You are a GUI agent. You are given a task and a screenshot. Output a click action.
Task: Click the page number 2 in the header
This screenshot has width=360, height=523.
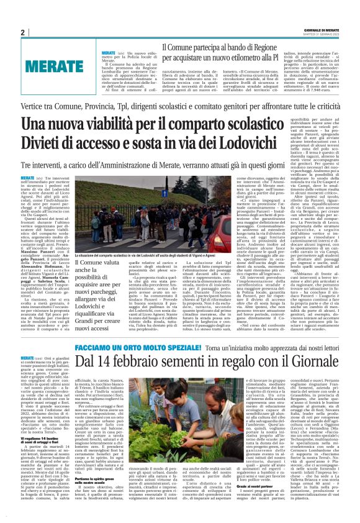point(23,32)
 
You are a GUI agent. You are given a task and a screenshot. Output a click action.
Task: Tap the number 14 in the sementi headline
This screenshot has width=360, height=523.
point(111,362)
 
